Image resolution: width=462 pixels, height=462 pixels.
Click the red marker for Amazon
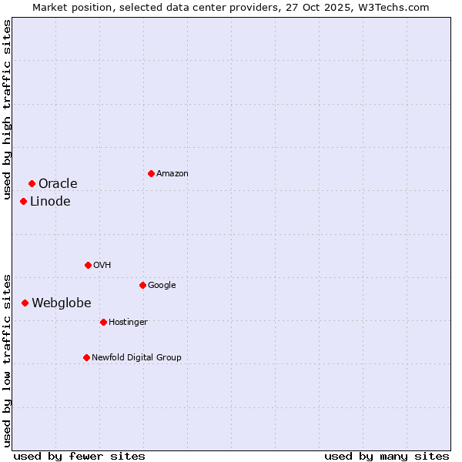pos(151,173)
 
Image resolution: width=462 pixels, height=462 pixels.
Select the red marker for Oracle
pos(32,183)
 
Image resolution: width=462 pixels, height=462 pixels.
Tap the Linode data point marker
pos(23,201)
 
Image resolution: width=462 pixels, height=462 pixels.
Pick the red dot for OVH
pos(88,265)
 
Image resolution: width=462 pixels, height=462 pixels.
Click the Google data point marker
pos(142,285)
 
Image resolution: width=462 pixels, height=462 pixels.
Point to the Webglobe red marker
pos(25,303)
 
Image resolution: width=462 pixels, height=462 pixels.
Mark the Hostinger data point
pos(103,322)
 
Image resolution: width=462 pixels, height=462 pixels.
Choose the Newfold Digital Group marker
pos(86,357)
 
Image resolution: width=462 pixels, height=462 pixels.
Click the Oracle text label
pos(58,183)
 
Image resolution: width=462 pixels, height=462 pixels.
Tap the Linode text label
pos(50,202)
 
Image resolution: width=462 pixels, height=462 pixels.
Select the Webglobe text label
pos(61,303)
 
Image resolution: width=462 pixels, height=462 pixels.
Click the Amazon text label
pos(172,174)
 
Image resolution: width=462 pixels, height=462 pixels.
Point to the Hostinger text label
pos(128,322)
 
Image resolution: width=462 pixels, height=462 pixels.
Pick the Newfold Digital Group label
pos(136,357)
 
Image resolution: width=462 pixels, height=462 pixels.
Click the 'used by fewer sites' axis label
pos(79,456)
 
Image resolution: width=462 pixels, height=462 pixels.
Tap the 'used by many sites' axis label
pos(387,456)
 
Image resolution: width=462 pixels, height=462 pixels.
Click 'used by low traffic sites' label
pos(7,360)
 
